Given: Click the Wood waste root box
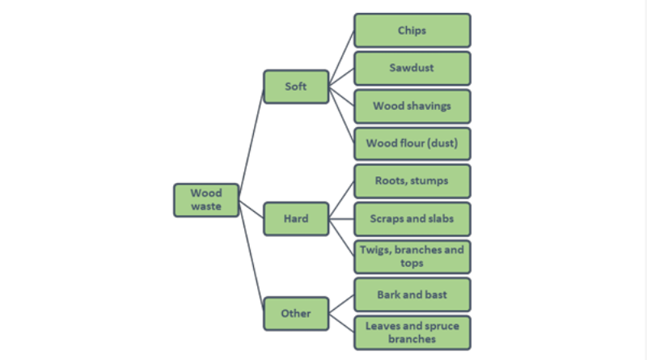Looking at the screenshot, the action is (206, 201).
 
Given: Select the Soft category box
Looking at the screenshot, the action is (296, 87).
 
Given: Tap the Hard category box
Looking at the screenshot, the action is (296, 218).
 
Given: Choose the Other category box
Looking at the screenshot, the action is (296, 314).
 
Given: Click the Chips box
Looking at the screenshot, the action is (412, 31).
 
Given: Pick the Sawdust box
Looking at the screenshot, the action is (412, 69).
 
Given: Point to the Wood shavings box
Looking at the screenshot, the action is (412, 107).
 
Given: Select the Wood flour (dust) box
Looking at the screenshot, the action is (412, 144).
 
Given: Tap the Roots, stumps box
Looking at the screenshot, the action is (412, 181).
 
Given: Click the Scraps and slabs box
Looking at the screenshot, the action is (412, 219).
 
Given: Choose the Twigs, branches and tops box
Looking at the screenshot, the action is (412, 256).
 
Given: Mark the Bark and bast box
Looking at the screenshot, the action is (412, 294).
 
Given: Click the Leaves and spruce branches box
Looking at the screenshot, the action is (412, 332).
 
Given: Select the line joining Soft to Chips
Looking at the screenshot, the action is (341, 58).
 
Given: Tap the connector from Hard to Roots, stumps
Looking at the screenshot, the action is (341, 200).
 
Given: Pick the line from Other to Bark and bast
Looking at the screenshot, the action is (341, 304).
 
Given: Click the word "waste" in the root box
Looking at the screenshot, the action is (206, 206).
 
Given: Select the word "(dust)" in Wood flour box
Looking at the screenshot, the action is (442, 143).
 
